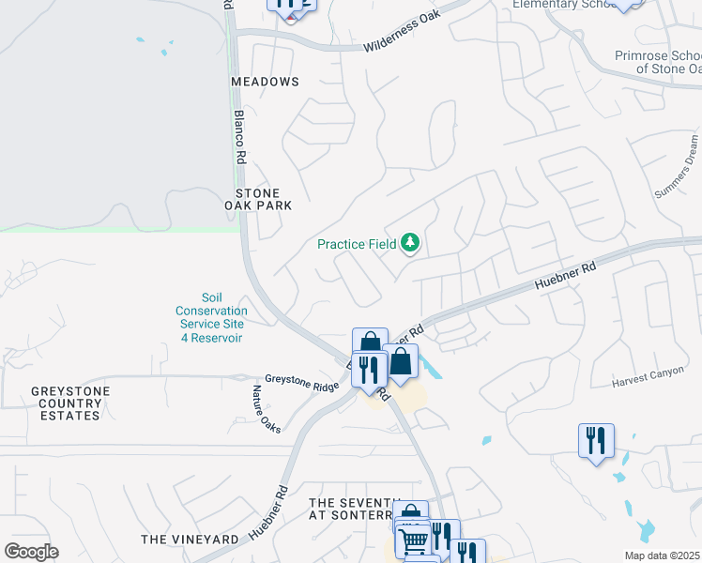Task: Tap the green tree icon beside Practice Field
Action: [x=409, y=244]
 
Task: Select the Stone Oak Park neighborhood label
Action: [x=258, y=199]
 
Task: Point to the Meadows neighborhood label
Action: [x=266, y=82]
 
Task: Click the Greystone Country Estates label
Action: [x=69, y=403]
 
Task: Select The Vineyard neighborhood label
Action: [x=190, y=540]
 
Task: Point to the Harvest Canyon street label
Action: [x=649, y=377]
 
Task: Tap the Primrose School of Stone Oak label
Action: [x=658, y=62]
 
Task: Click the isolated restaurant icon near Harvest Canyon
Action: [x=596, y=439]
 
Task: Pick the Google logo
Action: [x=31, y=552]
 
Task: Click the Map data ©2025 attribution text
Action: [x=662, y=555]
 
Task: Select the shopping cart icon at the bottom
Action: [x=414, y=539]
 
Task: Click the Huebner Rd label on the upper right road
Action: [x=565, y=273]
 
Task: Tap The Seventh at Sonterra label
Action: [x=349, y=510]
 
